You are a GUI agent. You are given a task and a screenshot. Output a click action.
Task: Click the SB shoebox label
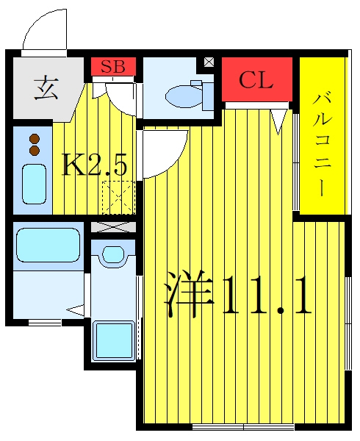click(x=113, y=67)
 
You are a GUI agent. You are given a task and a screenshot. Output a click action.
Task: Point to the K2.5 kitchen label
click(x=95, y=165)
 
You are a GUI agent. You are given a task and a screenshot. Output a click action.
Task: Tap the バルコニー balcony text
click(x=323, y=145)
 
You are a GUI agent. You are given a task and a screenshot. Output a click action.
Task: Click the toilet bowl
click(x=184, y=96)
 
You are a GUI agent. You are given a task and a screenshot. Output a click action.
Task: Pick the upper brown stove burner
click(x=35, y=139)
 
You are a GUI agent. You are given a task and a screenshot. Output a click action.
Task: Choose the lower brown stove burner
click(x=35, y=150)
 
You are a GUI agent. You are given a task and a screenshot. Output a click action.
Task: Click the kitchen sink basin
click(x=35, y=184)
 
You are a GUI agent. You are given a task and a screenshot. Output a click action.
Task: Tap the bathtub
click(x=48, y=245)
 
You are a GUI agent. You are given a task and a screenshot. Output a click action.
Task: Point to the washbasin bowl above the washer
click(x=113, y=254)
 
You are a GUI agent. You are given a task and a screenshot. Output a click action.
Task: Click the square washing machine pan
click(x=114, y=340)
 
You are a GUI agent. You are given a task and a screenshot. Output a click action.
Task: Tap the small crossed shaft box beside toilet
click(x=209, y=62)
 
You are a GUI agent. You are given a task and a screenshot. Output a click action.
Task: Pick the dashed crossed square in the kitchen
click(x=119, y=197)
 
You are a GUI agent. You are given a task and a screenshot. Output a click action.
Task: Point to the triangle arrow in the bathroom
click(x=76, y=309)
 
